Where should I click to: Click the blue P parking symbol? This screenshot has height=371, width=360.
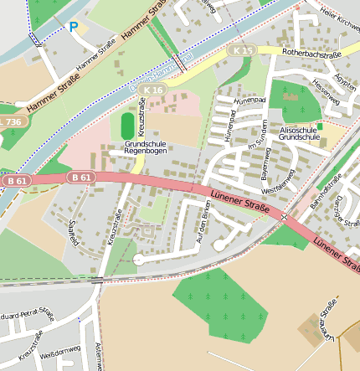(74, 27)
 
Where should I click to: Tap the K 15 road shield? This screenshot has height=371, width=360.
(243, 52)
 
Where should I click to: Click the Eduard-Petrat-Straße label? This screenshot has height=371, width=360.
(28, 317)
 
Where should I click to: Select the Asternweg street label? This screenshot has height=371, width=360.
(99, 356)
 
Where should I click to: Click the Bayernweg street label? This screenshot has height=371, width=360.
(268, 160)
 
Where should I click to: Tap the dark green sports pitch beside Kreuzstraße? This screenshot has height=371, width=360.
(127, 126)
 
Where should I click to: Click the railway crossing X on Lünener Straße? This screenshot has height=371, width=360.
(285, 216)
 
